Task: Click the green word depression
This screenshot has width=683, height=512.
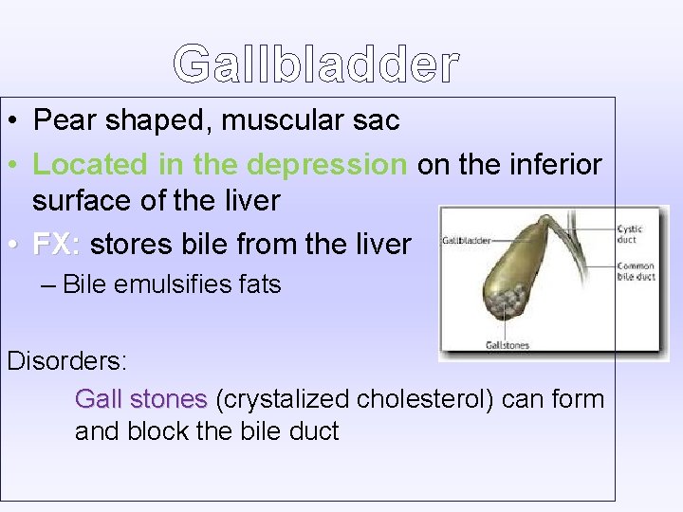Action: click(x=325, y=164)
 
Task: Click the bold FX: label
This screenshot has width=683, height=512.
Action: click(x=57, y=245)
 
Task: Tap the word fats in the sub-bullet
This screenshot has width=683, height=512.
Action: click(x=257, y=284)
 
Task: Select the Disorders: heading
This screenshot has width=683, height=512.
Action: click(x=67, y=361)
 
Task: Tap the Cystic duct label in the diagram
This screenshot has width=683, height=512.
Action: click(x=629, y=234)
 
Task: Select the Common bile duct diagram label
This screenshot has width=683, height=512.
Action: click(x=636, y=271)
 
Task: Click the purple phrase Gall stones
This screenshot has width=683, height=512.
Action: click(x=140, y=398)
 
